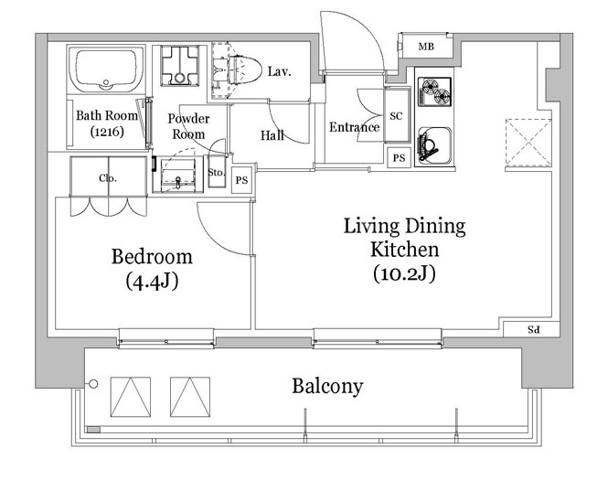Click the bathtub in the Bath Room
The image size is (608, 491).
click(x=106, y=69)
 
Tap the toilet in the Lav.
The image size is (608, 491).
click(x=242, y=69)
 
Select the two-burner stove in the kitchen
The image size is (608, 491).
click(x=434, y=91)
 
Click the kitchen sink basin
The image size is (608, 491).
click(x=434, y=144)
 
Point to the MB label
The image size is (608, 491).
click(x=426, y=47)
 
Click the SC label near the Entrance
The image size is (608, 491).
click(x=396, y=116)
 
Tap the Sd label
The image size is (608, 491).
click(x=534, y=330)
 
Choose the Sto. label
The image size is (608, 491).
click(x=217, y=172)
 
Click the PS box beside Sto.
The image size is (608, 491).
click(x=241, y=180)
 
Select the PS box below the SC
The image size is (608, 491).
click(x=399, y=158)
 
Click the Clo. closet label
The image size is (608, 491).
click(x=108, y=178)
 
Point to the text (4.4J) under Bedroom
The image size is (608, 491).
click(x=152, y=282)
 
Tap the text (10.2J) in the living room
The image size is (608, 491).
click(x=404, y=273)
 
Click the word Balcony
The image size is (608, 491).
click(x=327, y=386)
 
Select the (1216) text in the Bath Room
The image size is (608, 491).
click(x=107, y=132)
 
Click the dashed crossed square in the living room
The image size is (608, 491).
click(x=528, y=143)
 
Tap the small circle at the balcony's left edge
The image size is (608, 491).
click(x=93, y=384)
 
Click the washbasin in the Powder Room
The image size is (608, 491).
click(x=178, y=176)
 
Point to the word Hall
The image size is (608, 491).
click(x=272, y=135)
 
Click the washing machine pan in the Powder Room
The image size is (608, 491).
click(x=179, y=66)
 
